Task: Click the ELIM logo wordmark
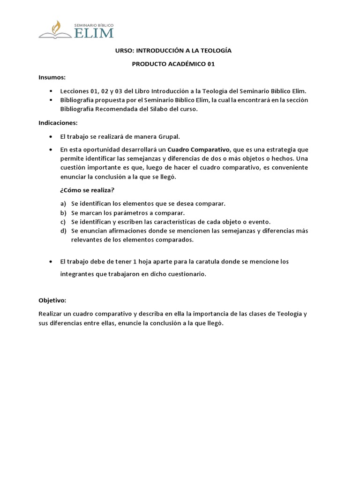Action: (94, 32)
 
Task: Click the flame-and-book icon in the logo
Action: (55, 30)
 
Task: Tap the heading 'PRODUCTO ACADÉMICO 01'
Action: (173, 64)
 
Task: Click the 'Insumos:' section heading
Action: (52, 77)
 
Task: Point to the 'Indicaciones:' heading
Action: (58, 123)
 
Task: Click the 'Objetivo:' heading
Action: (52, 300)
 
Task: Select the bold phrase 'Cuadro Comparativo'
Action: (199, 150)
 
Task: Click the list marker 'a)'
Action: (63, 204)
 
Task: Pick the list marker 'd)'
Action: (63, 231)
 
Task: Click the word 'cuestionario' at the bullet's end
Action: (187, 275)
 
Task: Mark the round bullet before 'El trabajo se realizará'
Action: (51, 136)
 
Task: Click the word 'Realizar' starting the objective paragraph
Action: (50, 314)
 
